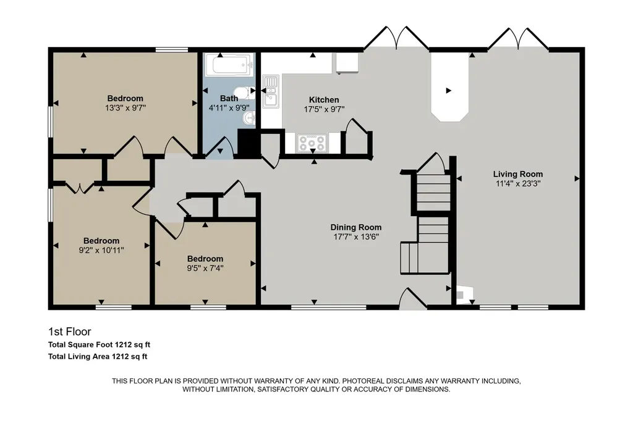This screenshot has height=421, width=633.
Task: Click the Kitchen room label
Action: (324, 99)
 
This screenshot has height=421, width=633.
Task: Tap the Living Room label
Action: (517, 174)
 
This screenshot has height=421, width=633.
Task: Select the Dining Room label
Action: (355, 227)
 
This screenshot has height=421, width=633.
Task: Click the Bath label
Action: (229, 98)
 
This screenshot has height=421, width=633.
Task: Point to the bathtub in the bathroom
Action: (229, 64)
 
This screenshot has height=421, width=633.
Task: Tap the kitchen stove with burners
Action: (312, 143)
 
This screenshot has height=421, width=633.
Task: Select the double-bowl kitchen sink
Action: (271, 91)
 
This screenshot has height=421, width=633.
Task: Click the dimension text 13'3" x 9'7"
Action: (125, 108)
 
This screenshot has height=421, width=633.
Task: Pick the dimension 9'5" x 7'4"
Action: (205, 268)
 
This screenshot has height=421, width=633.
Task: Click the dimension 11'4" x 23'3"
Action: (518, 184)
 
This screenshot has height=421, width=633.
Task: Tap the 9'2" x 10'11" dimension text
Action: (101, 251)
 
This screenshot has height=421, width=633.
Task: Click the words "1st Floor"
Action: (70, 331)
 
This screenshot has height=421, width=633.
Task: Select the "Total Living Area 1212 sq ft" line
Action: (98, 356)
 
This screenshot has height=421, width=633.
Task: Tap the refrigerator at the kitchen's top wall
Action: (346, 63)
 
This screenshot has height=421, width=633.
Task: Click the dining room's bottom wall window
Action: (329, 307)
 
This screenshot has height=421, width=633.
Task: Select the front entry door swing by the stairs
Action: (412, 298)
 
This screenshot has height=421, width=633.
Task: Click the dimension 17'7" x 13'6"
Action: (356, 237)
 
